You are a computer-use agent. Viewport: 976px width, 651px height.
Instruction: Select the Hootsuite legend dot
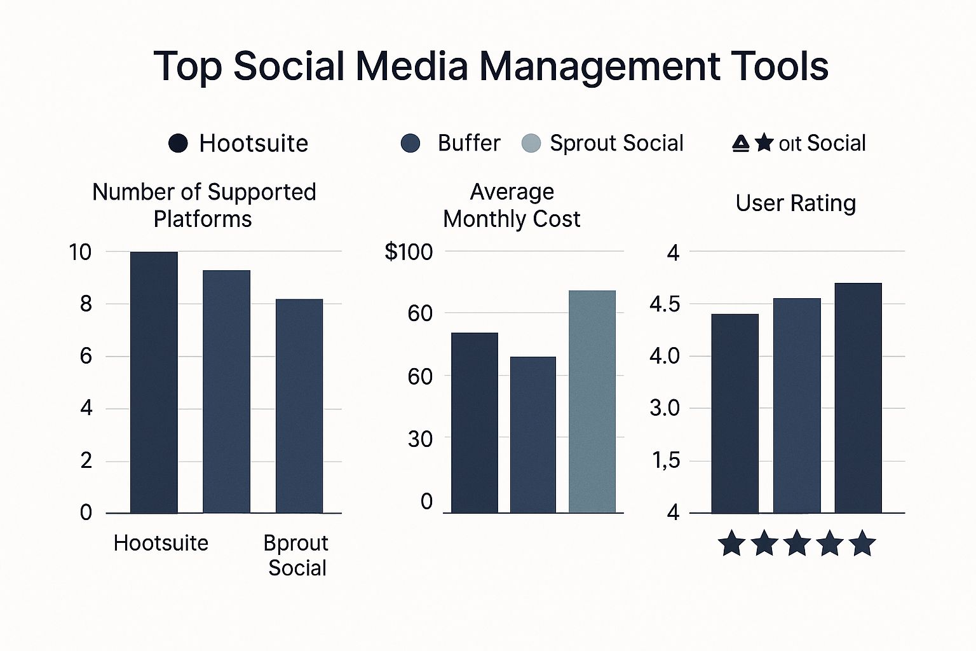tap(178, 144)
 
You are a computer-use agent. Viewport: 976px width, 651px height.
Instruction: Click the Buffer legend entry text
tap(469, 143)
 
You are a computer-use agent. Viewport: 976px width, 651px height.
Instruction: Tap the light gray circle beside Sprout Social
tap(531, 144)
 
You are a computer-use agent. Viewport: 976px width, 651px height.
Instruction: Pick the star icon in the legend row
tap(764, 143)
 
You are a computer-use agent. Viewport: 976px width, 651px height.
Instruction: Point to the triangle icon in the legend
tap(741, 144)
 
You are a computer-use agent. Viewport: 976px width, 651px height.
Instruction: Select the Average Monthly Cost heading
tap(512, 205)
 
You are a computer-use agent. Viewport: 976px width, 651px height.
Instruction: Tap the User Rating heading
tap(796, 203)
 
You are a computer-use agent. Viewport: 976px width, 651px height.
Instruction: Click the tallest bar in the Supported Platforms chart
tap(154, 382)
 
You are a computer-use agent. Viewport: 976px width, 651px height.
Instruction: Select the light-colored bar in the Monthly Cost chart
tap(592, 401)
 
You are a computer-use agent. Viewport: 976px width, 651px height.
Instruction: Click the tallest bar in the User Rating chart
tap(858, 397)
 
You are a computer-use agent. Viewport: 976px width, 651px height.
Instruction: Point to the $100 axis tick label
tap(409, 252)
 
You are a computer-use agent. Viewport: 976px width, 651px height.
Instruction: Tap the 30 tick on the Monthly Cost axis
tap(420, 439)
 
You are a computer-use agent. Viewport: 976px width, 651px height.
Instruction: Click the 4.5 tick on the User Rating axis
tap(665, 305)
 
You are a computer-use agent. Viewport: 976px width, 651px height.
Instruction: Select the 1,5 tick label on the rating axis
tap(665, 460)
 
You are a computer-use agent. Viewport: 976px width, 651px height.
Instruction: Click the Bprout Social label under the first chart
tap(296, 555)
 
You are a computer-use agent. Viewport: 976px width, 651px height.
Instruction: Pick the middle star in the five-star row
tap(797, 544)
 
